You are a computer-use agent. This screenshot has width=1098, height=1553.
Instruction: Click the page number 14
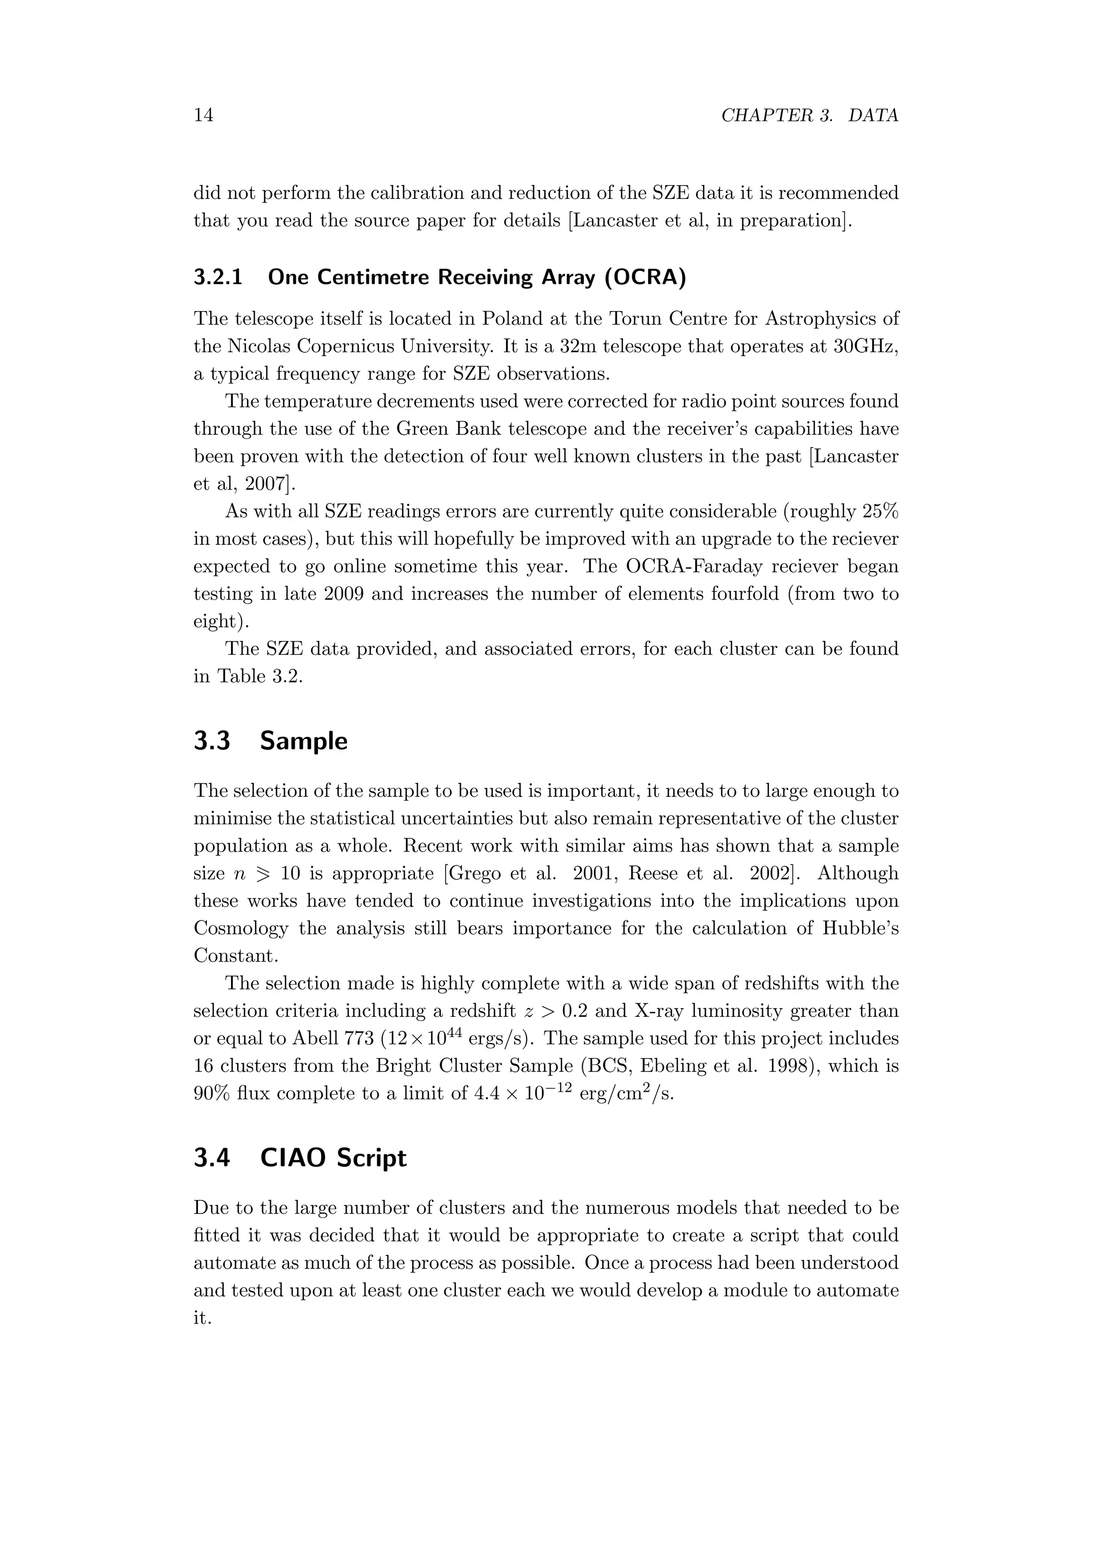(204, 116)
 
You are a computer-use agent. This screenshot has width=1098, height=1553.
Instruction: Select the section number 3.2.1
(218, 277)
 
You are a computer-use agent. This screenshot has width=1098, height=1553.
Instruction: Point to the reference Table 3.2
(259, 676)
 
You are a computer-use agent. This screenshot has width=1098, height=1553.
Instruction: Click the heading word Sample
(303, 741)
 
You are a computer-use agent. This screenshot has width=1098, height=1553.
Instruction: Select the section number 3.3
(212, 741)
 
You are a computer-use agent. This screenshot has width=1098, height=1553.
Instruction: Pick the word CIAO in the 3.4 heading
(292, 1158)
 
